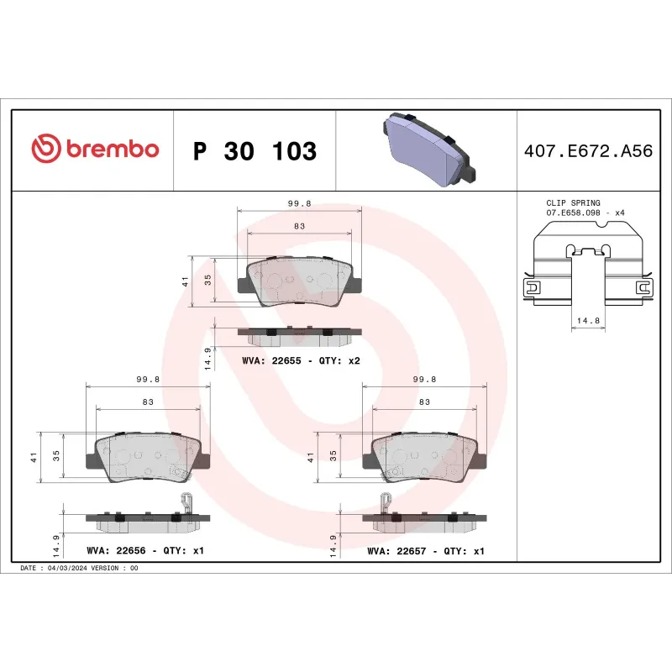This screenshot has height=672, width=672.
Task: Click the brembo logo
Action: coord(95,150)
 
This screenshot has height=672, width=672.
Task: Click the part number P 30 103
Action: coord(255,151)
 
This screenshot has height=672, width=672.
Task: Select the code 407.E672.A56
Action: coord(587,151)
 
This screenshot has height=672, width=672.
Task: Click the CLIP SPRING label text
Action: coord(573,203)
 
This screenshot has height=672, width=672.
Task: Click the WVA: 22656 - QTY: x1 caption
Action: coord(145,551)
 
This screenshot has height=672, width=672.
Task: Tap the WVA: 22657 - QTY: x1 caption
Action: coord(426,551)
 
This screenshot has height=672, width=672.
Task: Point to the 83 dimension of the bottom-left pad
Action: coord(148,402)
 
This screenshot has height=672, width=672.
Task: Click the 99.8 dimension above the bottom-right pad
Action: coord(424,379)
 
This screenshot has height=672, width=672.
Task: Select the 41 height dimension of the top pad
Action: coord(185,282)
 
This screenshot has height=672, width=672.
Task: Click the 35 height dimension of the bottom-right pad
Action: coord(333,456)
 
